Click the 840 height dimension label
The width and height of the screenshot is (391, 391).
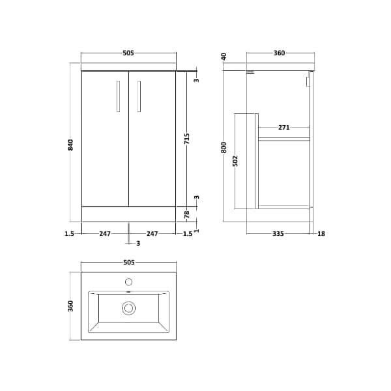tap(71, 145)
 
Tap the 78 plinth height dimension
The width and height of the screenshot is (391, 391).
tap(187, 214)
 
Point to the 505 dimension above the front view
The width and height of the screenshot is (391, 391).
tap(128, 53)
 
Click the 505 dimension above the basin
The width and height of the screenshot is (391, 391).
tap(128, 263)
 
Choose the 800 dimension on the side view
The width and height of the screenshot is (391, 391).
tap(224, 147)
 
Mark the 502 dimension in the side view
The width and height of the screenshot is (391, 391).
tap(235, 160)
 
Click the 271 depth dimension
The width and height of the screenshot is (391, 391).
tap(283, 128)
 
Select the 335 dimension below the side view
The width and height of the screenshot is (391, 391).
tap(278, 233)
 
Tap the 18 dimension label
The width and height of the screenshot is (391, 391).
tap(321, 233)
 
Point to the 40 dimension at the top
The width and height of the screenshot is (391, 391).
tap(224, 57)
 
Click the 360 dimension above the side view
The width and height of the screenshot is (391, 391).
tap(279, 53)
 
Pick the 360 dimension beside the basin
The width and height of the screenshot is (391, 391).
tap(71, 306)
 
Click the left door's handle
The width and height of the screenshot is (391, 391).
tap(118, 96)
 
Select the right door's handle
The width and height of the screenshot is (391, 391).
tap(139, 96)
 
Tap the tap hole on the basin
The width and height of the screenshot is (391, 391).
tap(128, 282)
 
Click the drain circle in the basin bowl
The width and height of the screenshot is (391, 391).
tap(128, 308)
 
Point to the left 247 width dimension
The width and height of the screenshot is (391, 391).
tap(105, 233)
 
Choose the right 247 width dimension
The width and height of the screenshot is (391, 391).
tap(152, 233)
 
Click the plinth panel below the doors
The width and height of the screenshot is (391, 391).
tap(128, 214)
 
